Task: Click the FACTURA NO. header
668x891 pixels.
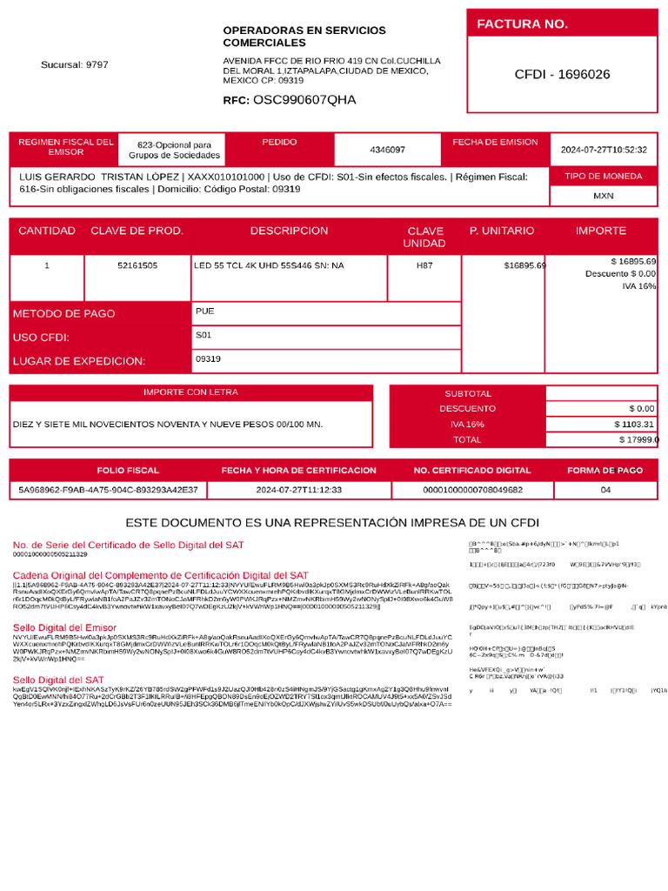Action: pyautogui.click(x=522, y=24)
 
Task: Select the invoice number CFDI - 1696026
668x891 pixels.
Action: pyautogui.click(x=562, y=75)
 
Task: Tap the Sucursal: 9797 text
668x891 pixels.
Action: pyautogui.click(x=75, y=65)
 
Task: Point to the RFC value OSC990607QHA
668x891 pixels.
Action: pyautogui.click(x=304, y=100)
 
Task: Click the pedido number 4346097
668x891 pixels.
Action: pyautogui.click(x=387, y=150)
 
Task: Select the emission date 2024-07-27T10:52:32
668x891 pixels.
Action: pyautogui.click(x=604, y=150)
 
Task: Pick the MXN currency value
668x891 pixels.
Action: pyautogui.click(x=604, y=196)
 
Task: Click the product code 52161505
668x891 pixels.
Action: pyautogui.click(x=137, y=265)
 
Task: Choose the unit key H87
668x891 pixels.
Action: pyautogui.click(x=424, y=265)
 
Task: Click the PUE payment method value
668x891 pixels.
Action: pyautogui.click(x=204, y=311)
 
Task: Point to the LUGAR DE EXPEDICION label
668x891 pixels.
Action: pyautogui.click(x=79, y=361)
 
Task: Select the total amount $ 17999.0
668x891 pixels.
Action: pyautogui.click(x=638, y=440)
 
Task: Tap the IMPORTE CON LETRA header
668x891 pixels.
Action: pyautogui.click(x=190, y=392)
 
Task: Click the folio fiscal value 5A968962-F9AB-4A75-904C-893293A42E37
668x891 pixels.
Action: pyautogui.click(x=108, y=490)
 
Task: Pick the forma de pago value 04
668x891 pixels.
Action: pyautogui.click(x=605, y=490)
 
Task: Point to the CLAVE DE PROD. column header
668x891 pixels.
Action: pyautogui.click(x=137, y=231)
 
